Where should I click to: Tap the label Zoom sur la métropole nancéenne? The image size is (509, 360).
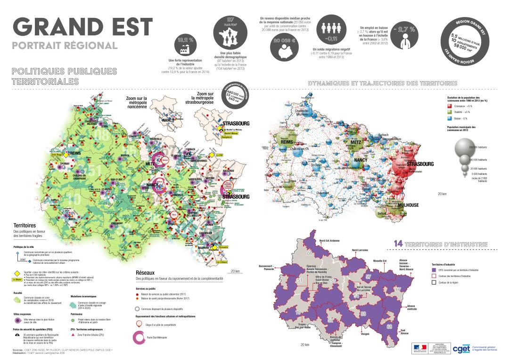(137, 102)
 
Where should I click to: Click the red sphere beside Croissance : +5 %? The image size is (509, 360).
(450, 106)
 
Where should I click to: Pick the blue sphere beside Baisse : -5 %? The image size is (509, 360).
(450, 119)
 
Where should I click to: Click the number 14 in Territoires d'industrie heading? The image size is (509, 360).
(398, 244)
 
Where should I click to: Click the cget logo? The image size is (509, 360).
(460, 348)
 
